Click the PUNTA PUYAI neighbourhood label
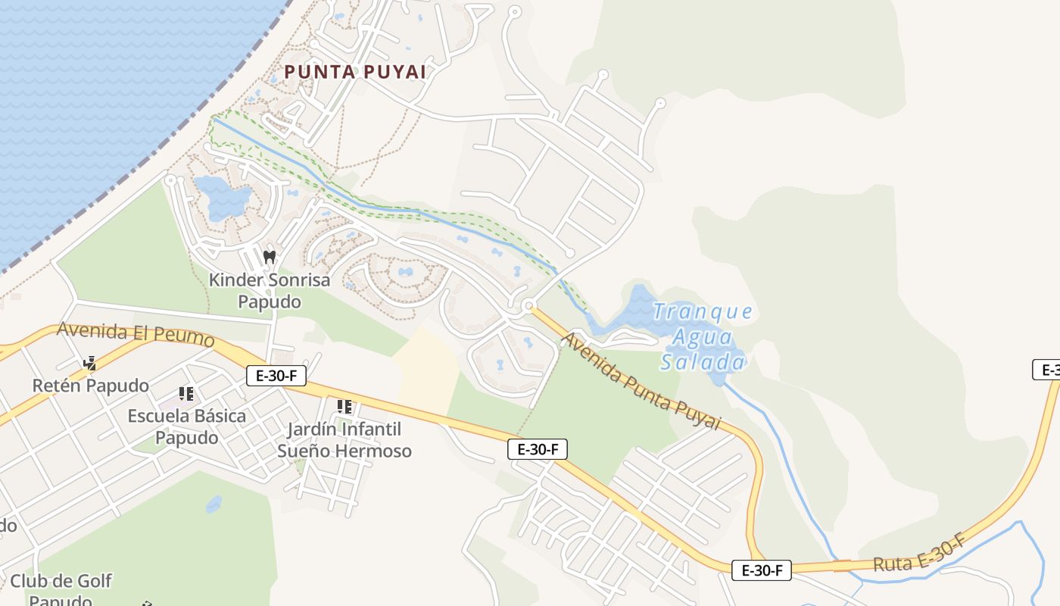point(354,72)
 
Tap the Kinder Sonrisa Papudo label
point(270,291)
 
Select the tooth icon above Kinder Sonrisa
point(269,257)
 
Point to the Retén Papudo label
point(90,386)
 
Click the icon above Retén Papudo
point(90,364)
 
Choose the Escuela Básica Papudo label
point(186,426)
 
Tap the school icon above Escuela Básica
point(186,393)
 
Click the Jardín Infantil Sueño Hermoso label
point(344,440)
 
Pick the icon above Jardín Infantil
point(344,407)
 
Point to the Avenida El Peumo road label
point(136,333)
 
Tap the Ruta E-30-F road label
point(919,554)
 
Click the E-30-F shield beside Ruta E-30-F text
point(761,570)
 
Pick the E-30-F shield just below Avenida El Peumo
point(276,375)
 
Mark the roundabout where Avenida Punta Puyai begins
point(529,306)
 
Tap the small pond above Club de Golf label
point(214,504)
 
